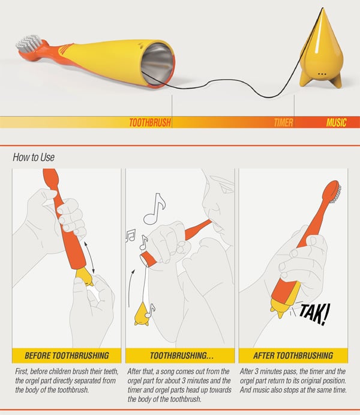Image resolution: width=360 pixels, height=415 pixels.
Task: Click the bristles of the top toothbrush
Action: pos(29,43)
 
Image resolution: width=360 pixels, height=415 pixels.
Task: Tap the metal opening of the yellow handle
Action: pos(158,64)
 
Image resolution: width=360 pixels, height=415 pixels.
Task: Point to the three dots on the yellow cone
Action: pos(322,74)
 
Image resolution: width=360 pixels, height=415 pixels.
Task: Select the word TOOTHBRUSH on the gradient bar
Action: pos(150,123)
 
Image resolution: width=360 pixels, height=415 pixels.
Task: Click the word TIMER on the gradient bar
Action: pos(283,123)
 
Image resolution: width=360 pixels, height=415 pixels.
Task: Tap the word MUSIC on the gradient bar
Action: pos(336,123)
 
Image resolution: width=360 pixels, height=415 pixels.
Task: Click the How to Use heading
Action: pos(34,157)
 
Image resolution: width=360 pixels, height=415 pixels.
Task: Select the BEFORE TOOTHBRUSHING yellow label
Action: pos(67,356)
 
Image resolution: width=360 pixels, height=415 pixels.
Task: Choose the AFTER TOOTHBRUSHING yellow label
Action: pos(293,356)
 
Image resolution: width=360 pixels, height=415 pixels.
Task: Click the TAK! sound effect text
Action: pos(314,314)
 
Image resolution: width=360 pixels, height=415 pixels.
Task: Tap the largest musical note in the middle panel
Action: pos(155,209)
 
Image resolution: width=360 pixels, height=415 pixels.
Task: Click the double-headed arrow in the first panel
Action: pos(89,257)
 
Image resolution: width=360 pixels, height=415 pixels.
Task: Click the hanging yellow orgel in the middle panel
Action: pos(142,314)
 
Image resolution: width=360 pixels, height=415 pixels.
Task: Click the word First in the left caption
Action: pos(22,372)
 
